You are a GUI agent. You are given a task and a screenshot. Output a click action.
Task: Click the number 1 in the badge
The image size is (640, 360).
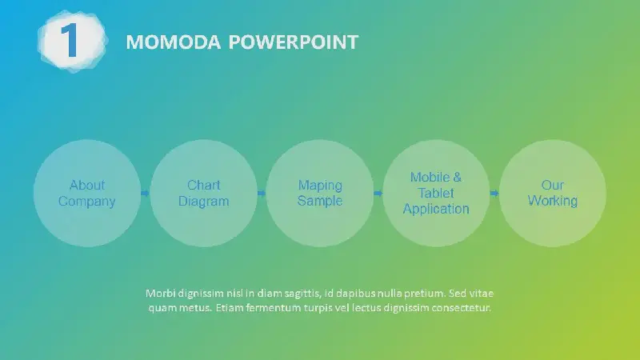70,40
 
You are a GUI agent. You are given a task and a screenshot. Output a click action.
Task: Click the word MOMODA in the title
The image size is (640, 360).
173,42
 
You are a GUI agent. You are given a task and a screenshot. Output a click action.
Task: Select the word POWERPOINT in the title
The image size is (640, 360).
293,42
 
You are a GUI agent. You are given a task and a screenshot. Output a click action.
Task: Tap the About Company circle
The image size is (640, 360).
87,193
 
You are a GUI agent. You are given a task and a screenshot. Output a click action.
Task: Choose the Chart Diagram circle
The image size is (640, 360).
204,193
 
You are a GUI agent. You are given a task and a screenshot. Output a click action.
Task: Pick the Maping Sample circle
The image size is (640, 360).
320,193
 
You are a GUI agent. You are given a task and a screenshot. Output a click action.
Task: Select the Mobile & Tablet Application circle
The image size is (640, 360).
436,193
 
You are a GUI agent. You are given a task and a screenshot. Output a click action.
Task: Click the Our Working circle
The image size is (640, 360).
553,193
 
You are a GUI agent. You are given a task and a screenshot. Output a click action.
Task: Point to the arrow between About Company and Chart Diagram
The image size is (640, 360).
145,193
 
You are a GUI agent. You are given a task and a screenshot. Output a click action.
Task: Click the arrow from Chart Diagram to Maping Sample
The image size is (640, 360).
262,193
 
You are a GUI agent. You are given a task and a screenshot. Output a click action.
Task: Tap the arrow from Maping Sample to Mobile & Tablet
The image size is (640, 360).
378,193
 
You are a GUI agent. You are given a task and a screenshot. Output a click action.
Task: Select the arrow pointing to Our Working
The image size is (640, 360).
494,193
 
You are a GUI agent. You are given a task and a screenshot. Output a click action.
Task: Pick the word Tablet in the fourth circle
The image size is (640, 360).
436,193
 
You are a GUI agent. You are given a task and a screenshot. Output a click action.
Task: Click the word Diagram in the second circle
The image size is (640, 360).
204,202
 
